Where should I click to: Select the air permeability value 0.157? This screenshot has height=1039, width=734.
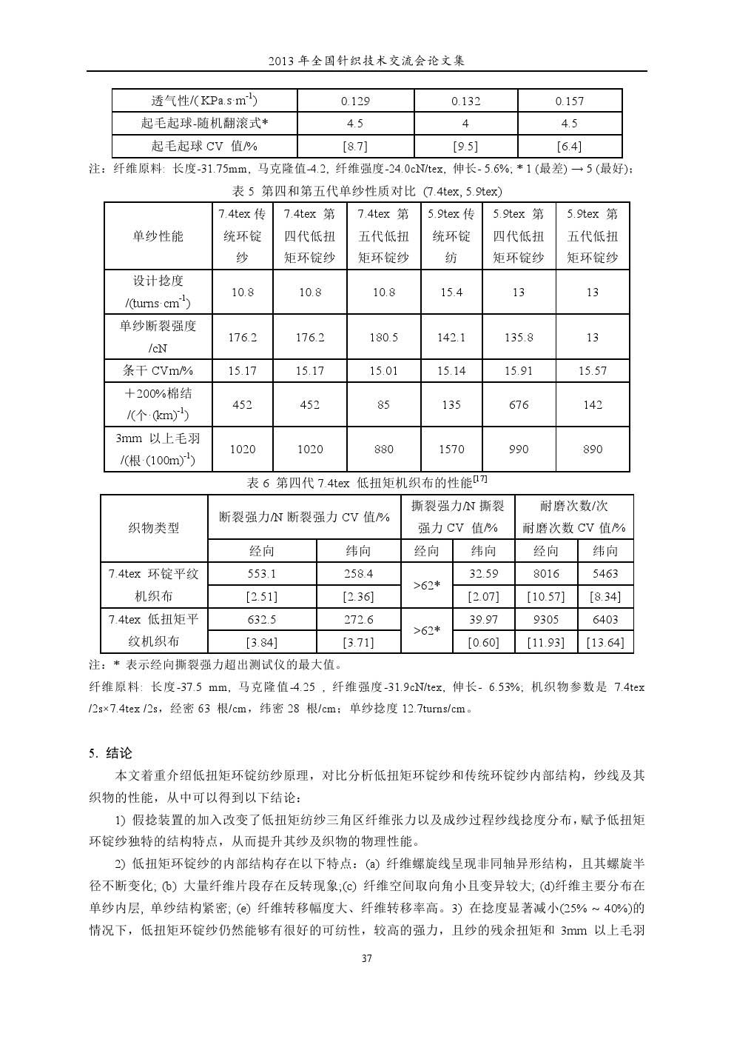coord(569,101)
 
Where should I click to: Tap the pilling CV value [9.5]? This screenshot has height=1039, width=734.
coord(465,146)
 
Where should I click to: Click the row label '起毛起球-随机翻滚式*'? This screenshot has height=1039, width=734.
coord(204,124)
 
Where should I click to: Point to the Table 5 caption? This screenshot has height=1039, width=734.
coord(367,191)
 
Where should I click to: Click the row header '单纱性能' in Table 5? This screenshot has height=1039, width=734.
coord(158,236)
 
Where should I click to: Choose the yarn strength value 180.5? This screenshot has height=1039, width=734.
coord(383,337)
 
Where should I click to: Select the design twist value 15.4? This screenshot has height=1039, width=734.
coord(451,293)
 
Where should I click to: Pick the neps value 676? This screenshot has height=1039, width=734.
coord(519,404)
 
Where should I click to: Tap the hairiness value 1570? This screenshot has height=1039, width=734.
coord(451,449)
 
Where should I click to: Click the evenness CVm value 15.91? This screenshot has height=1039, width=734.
coord(519,370)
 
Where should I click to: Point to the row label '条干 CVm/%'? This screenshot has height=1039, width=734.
coord(158,370)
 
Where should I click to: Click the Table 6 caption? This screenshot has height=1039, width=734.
coord(367,482)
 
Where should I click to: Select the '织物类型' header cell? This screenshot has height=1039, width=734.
coord(154,528)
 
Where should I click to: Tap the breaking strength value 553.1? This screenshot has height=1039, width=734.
coord(262,574)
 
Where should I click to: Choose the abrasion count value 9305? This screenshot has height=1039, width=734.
coord(545,619)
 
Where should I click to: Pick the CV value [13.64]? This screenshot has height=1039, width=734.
coord(605,642)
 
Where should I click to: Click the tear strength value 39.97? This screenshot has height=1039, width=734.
coord(483,619)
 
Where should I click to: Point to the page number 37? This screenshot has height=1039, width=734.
coord(366,959)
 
